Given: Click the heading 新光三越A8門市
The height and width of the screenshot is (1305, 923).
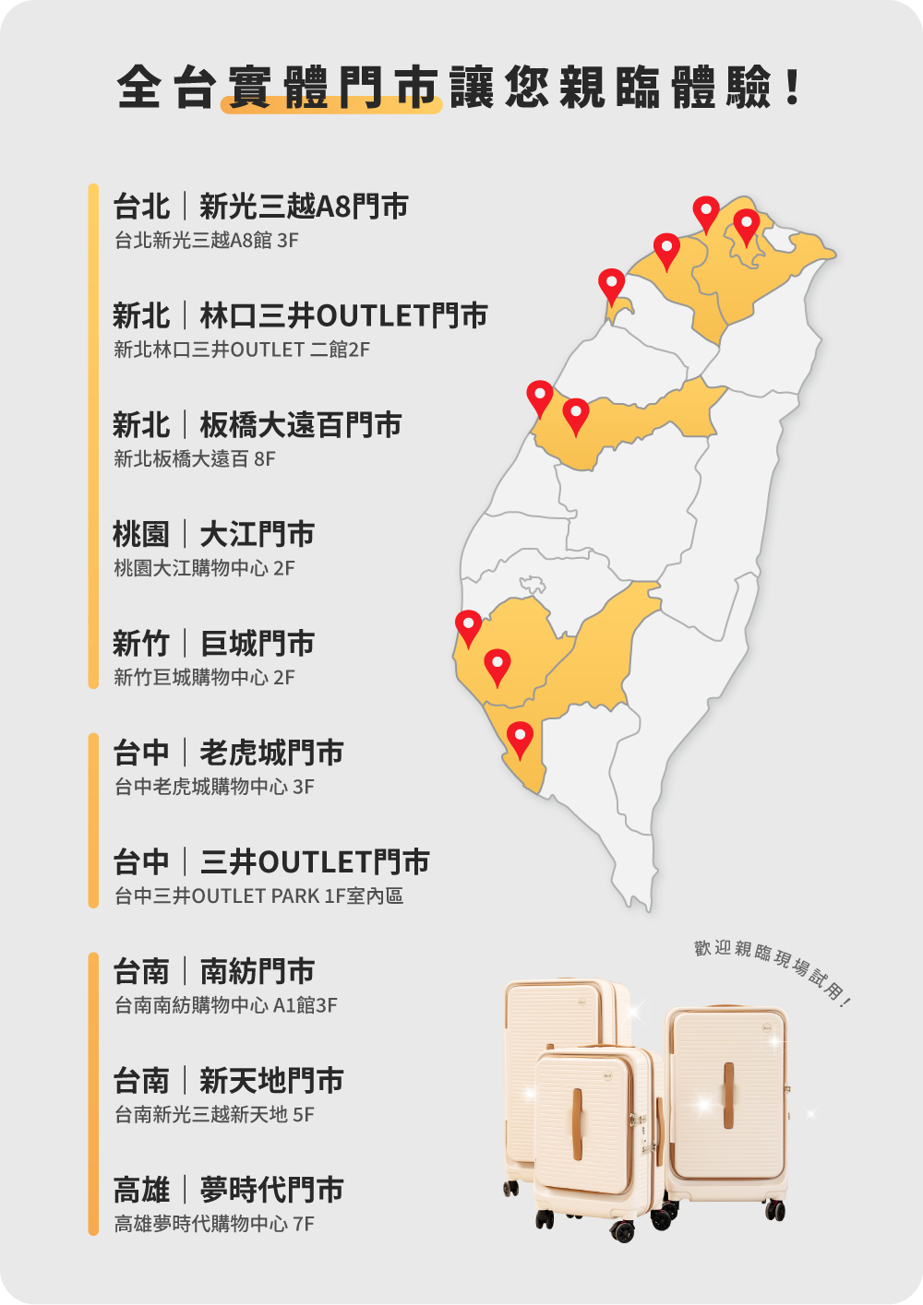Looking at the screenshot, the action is pos(304,207).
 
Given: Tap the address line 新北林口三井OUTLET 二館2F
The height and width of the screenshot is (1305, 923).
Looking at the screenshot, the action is pos(242,350).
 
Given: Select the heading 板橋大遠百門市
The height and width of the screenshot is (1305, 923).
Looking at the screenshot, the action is pos(300,425).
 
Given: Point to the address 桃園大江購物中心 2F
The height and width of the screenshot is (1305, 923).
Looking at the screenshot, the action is pos(204,568).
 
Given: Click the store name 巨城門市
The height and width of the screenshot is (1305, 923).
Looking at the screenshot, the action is pos(257,644).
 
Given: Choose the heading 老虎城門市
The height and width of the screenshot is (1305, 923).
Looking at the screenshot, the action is pos(271,753).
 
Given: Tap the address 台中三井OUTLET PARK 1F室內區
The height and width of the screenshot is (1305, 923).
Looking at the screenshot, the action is pos(258,896).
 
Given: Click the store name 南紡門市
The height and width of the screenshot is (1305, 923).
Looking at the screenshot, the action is pos(257,972).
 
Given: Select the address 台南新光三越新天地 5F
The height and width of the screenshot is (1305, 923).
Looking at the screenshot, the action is pos(214,1115).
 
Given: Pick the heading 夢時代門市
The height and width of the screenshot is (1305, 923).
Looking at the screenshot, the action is pos(271,1191).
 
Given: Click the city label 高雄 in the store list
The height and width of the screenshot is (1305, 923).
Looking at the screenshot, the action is pos(141,1191).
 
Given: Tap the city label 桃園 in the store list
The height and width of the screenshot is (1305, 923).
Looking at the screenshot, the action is pos(141,535).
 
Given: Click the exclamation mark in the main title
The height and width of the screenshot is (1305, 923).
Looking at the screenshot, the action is pos(792,88).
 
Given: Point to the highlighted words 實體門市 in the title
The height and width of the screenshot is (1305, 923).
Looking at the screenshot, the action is pos(331,89).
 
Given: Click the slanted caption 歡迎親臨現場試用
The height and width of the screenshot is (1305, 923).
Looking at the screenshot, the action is pos(772,969).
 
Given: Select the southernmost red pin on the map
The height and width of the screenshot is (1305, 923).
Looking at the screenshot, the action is pos(521,738).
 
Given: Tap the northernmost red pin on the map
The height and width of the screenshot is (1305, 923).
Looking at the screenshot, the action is pos(706,212).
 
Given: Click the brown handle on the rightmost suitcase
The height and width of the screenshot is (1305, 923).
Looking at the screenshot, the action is pos(728,1095).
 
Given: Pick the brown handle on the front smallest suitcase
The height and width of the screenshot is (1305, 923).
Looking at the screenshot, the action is pos(578,1123).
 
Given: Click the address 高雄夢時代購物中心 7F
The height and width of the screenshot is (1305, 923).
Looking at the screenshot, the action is pos(214,1224).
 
